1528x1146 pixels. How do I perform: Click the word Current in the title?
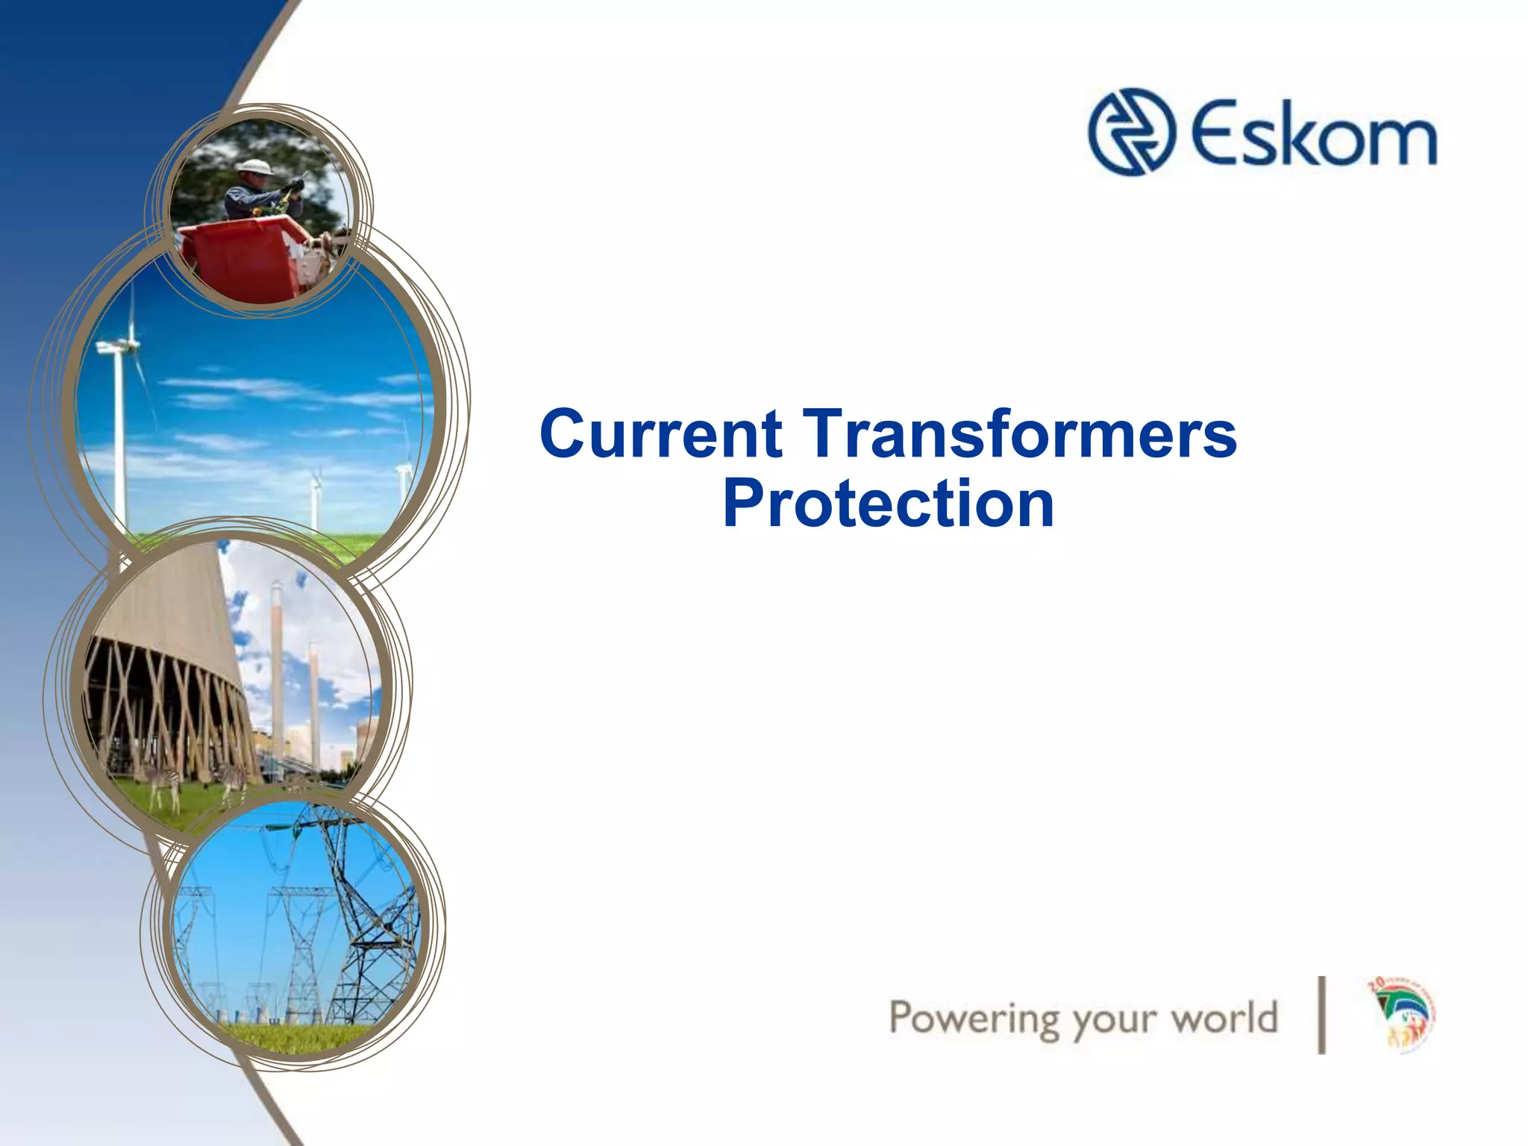pos(661,434)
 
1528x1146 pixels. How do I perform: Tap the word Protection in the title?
pos(888,504)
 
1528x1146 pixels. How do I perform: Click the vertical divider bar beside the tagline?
pos(1321,1015)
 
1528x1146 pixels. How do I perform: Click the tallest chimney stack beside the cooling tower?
pos(277,671)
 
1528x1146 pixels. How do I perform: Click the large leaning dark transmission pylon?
pos(358,910)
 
